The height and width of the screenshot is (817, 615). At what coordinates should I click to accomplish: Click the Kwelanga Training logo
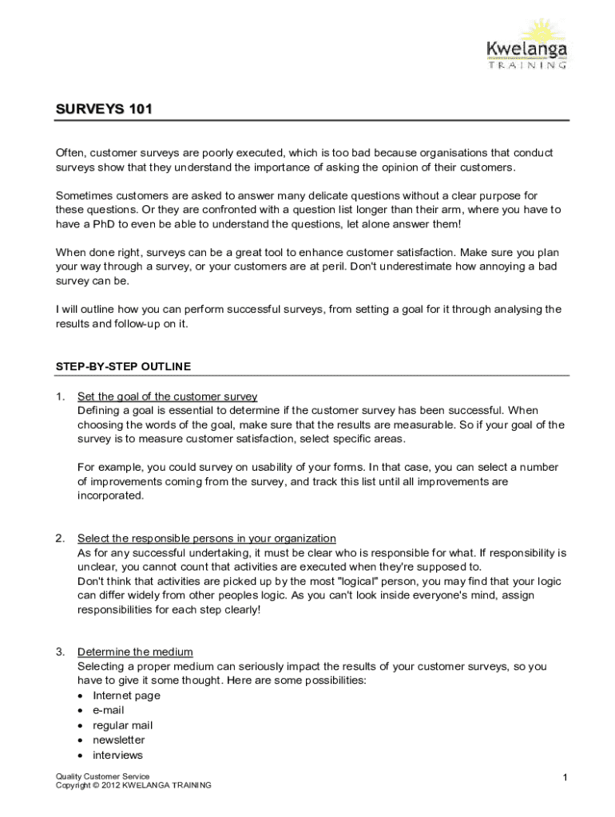click(x=526, y=45)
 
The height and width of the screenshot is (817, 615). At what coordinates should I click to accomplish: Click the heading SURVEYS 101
click(x=102, y=109)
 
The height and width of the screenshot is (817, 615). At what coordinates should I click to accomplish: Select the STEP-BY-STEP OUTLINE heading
click(x=123, y=366)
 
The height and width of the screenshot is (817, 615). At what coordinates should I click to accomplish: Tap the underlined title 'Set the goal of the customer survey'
click(x=167, y=397)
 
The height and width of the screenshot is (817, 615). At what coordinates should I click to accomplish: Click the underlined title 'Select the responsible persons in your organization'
click(x=206, y=538)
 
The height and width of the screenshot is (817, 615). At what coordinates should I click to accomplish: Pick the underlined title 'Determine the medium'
click(x=134, y=651)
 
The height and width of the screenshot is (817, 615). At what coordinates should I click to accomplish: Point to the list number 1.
click(x=60, y=397)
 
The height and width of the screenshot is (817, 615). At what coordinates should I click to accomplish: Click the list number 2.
click(x=60, y=538)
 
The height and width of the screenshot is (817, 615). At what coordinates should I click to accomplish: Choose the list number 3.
click(x=60, y=651)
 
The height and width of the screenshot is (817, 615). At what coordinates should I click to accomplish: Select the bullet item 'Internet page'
click(x=126, y=695)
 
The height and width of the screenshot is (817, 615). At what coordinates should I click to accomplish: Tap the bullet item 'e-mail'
click(x=109, y=710)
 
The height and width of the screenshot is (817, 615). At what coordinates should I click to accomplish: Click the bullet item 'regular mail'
click(x=122, y=725)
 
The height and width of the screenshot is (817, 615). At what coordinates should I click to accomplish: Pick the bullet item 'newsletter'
click(x=119, y=740)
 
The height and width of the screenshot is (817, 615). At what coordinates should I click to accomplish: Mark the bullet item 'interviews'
click(x=117, y=755)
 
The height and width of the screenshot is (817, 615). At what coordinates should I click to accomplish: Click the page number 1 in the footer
click(x=564, y=778)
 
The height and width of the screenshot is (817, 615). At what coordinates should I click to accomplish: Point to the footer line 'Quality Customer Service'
click(x=102, y=776)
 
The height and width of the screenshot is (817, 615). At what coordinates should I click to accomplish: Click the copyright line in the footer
click(x=133, y=786)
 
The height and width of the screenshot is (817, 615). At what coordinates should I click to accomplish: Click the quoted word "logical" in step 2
click(x=341, y=581)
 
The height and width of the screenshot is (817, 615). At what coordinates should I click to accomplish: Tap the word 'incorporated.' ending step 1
click(x=111, y=495)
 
